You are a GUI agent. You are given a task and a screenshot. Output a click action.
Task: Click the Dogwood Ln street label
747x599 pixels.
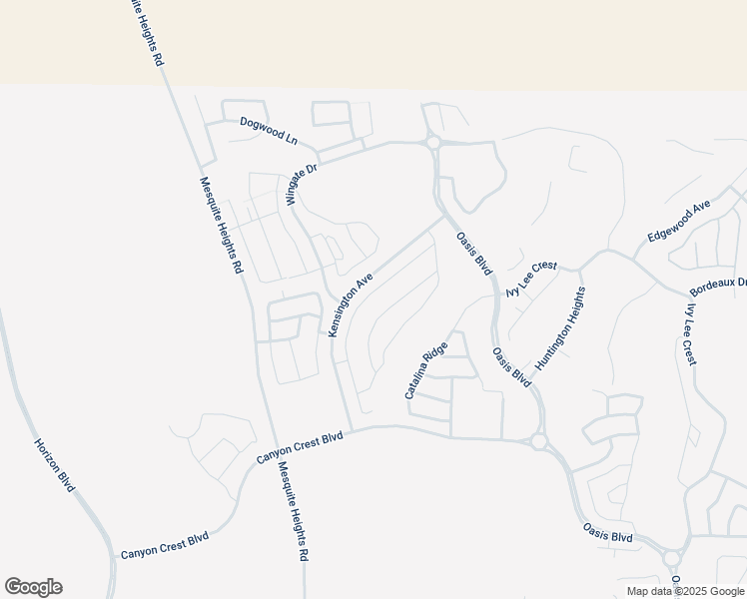[x=269, y=130]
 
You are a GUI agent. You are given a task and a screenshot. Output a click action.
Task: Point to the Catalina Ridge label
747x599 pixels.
[x=425, y=371]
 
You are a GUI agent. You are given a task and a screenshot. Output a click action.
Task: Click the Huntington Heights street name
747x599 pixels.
[x=559, y=329]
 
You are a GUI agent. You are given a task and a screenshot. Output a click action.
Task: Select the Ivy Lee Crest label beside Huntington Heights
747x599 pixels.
[x=530, y=280]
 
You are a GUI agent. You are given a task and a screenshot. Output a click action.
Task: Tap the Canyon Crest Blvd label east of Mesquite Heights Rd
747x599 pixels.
[x=299, y=445]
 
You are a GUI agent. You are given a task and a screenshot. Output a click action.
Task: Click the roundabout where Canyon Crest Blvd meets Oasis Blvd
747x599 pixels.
[x=538, y=441]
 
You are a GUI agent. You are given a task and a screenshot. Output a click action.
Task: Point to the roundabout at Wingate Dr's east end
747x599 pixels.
[x=432, y=144]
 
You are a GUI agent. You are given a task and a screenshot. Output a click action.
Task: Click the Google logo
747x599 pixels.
[x=33, y=587]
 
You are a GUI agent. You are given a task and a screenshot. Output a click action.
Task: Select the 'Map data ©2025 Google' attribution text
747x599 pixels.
[x=684, y=591]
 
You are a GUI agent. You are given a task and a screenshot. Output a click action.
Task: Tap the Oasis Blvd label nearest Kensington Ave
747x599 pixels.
[x=474, y=254]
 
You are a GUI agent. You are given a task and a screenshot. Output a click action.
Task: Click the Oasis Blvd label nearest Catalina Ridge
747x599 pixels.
[x=510, y=368]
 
